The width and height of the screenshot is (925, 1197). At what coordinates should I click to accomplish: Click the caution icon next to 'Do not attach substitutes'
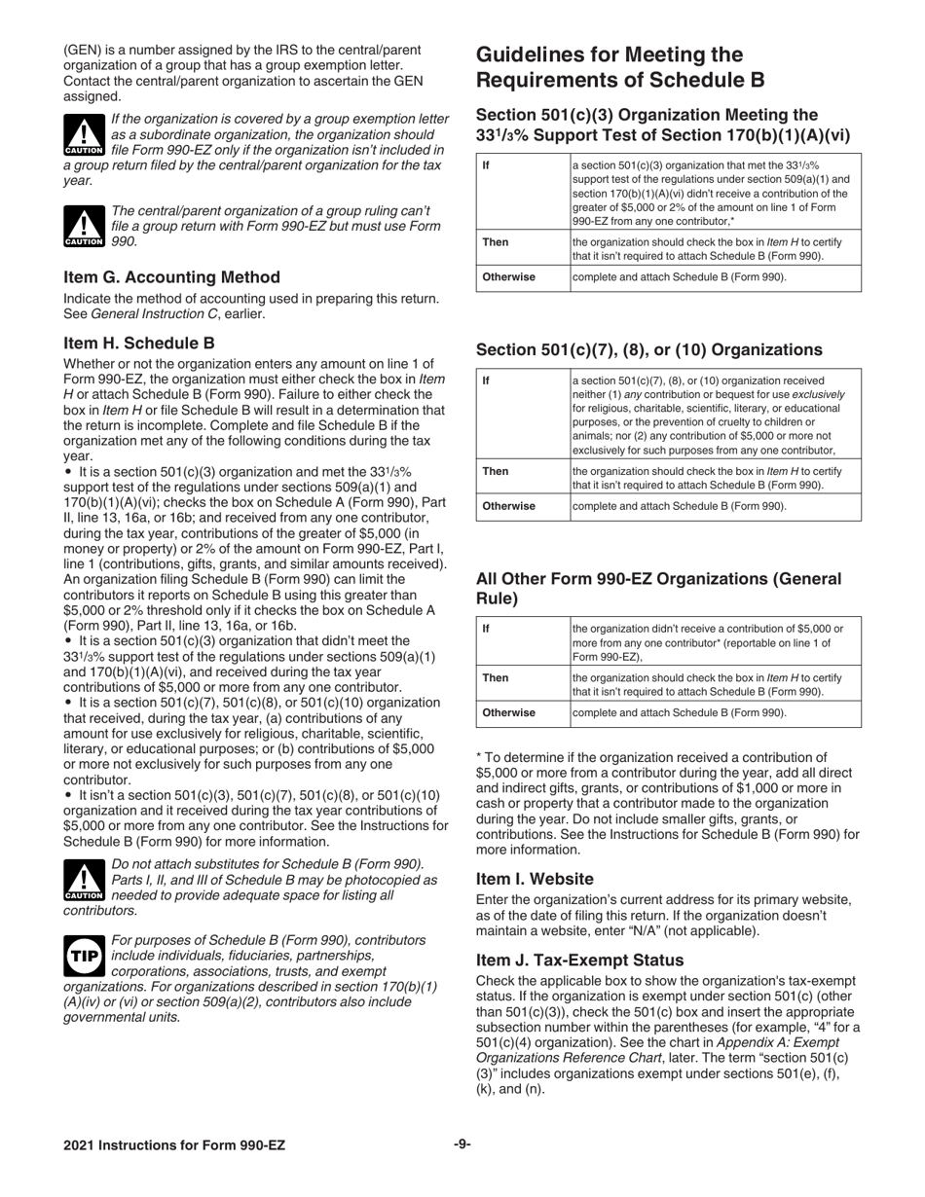[x=83, y=879]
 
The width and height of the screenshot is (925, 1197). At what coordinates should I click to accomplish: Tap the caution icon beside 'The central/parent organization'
[x=83, y=226]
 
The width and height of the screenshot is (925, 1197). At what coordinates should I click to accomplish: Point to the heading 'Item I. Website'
[x=535, y=879]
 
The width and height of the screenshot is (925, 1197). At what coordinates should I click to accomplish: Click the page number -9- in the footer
[x=462, y=1144]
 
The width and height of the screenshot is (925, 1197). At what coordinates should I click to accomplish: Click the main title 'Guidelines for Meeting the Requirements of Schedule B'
[x=620, y=67]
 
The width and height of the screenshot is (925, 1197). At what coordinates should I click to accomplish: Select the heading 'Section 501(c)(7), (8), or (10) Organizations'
[x=648, y=349]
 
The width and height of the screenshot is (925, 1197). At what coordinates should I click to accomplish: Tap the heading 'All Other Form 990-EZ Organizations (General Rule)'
[x=659, y=589]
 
